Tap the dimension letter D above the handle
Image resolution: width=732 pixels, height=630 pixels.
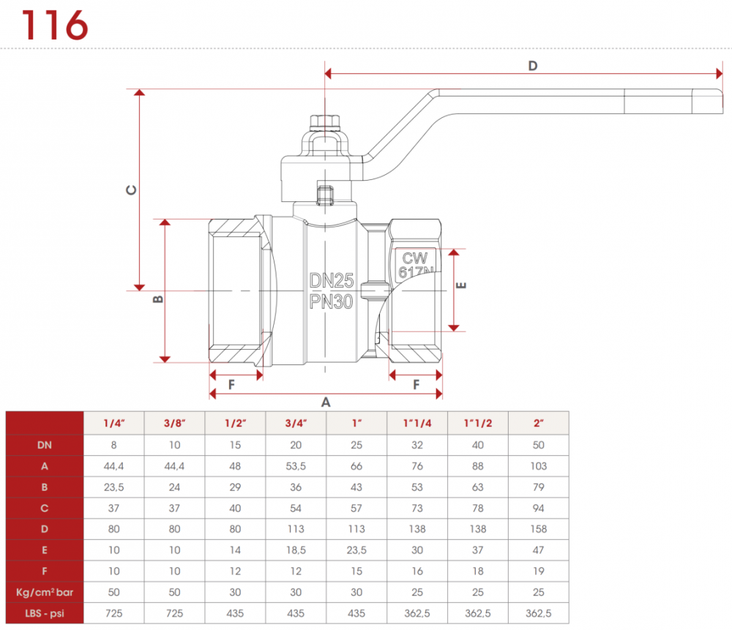pos(533,66)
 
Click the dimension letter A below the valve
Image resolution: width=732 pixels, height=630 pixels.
pos(326,402)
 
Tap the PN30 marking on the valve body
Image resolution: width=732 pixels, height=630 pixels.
pos(332,300)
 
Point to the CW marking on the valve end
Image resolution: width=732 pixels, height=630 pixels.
pos(414,258)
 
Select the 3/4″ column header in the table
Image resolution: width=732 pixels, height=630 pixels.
pos(296,423)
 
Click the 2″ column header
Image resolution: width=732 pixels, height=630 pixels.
pos(538,423)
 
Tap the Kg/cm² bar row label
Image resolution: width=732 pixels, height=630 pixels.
pos(44,593)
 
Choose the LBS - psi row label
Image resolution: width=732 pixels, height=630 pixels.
pos(44,613)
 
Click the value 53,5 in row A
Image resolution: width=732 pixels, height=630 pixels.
pos(296,465)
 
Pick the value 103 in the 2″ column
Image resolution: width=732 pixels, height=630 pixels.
pos(538,465)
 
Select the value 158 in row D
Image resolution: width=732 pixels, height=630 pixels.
pos(538,528)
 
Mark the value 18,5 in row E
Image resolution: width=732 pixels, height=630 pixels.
pos(296,550)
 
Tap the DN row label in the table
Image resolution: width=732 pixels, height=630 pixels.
pos(44,443)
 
